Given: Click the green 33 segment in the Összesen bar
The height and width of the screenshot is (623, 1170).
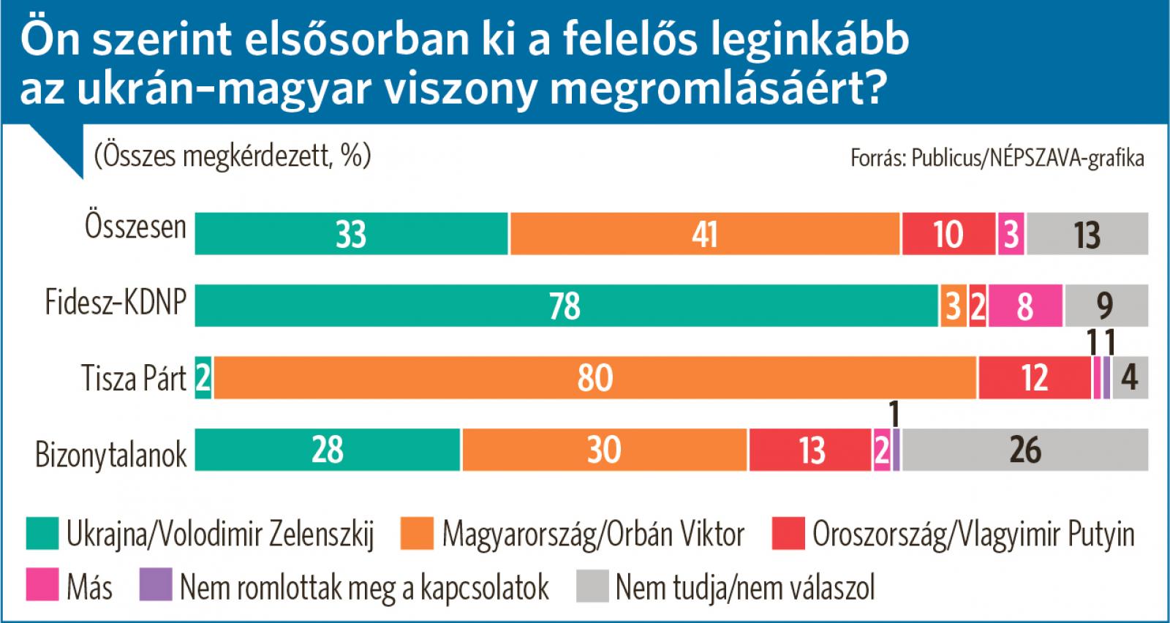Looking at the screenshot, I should pos(351,234).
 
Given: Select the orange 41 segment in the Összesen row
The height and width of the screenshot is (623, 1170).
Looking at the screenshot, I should pos(705,234).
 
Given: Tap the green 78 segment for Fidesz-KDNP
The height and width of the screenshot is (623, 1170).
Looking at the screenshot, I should pos(566,306).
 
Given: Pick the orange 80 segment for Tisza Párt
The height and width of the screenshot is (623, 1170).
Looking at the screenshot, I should pos(595,378).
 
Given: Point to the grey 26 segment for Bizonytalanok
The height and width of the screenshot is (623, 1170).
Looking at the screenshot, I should pos(1025,450).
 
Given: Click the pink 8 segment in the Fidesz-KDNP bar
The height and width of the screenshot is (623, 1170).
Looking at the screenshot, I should pos(1025,306).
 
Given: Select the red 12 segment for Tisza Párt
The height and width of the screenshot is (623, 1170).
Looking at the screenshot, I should pos(1035,378).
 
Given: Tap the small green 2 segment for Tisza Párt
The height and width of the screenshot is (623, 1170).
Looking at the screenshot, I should pos(203,378).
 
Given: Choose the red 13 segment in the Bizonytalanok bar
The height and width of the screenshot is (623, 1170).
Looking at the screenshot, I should pos(810,450).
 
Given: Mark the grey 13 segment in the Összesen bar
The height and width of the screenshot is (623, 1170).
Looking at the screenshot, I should pos(1087,234).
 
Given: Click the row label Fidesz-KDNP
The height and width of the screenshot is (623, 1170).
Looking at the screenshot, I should pos(116,302).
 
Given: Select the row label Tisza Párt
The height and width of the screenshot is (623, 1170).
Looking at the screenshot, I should pos(134,379).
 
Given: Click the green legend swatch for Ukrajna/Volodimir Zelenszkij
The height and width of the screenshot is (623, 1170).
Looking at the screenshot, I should pos(42,534).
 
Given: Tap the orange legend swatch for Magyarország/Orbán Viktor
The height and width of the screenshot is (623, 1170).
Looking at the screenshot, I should pos(417,534).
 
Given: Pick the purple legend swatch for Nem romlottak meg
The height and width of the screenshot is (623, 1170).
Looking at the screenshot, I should pos(155,586).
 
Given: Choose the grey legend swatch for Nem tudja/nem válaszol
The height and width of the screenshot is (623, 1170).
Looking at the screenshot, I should pos(592,586).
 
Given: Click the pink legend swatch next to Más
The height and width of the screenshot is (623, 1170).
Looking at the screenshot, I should pos(42,586).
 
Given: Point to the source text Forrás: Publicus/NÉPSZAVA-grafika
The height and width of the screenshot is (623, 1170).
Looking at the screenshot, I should pos(997,158).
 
